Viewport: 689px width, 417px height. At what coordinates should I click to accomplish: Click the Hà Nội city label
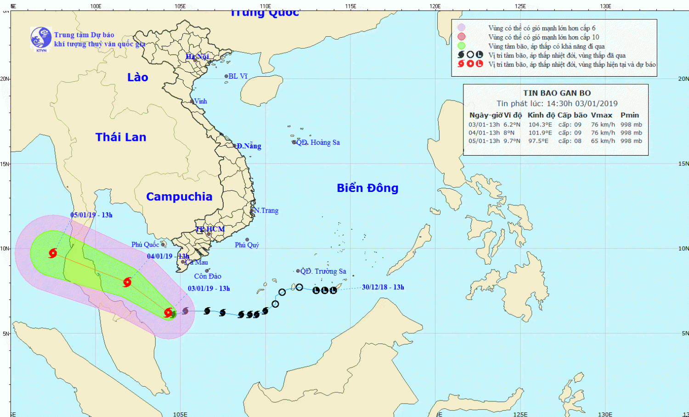pos(198,56)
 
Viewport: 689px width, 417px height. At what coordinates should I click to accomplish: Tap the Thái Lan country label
pos(121,137)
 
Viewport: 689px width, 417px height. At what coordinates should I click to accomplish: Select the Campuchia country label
pos(179,197)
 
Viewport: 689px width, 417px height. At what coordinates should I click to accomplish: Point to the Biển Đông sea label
pos(367,188)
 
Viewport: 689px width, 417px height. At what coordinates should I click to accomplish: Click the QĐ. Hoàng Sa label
pos(318,142)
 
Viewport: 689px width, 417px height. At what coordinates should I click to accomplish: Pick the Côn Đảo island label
pos(208,276)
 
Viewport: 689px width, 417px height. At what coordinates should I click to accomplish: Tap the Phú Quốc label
pos(145,244)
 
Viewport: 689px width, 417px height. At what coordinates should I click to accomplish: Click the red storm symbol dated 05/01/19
pos(53,253)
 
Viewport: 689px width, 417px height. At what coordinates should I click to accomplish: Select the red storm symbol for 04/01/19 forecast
pos(127,282)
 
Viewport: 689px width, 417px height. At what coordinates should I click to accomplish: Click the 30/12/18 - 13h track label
pos(383,287)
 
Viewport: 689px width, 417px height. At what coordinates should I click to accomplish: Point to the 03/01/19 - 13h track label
pos(209,288)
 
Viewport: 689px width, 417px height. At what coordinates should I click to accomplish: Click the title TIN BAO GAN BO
pos(557,93)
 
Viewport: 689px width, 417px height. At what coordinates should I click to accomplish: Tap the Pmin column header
pos(630,115)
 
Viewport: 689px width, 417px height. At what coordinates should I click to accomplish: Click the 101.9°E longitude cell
pos(540,133)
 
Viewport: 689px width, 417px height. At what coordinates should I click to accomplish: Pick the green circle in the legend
pos(462,46)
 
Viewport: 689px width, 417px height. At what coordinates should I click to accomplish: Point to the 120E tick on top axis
pos(435,6)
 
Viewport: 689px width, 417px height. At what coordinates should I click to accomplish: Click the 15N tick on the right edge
pos(683,163)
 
